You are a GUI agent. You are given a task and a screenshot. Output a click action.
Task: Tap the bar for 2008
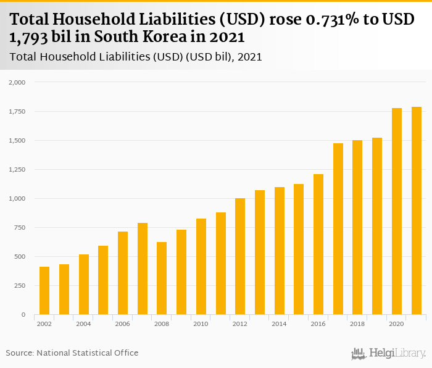pyautogui.click(x=162, y=278)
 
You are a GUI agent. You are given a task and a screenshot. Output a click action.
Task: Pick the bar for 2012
pyautogui.click(x=240, y=256)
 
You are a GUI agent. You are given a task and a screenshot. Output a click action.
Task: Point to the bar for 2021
pyautogui.click(x=417, y=211)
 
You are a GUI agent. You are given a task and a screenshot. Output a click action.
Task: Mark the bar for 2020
pyautogui.click(x=397, y=211)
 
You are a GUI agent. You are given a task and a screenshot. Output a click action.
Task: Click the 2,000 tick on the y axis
pyautogui.click(x=16, y=82)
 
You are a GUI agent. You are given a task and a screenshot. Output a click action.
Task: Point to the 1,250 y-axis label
pyautogui.click(x=16, y=170)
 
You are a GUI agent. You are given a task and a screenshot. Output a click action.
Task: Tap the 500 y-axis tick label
pyautogui.click(x=20, y=257)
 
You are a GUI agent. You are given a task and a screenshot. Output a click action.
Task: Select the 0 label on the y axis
pyautogui.click(x=23, y=315)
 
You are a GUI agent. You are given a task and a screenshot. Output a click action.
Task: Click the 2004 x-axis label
pyautogui.click(x=83, y=324)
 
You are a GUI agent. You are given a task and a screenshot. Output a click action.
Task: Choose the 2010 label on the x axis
pyautogui.click(x=201, y=324)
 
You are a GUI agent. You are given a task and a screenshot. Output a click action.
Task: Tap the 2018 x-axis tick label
pyautogui.click(x=358, y=324)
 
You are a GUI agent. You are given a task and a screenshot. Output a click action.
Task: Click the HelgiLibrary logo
pyautogui.click(x=389, y=353)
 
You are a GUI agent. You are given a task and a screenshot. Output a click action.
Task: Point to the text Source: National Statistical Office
pyautogui.click(x=72, y=353)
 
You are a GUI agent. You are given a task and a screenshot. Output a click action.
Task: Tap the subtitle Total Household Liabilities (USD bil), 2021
pyautogui.click(x=136, y=57)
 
